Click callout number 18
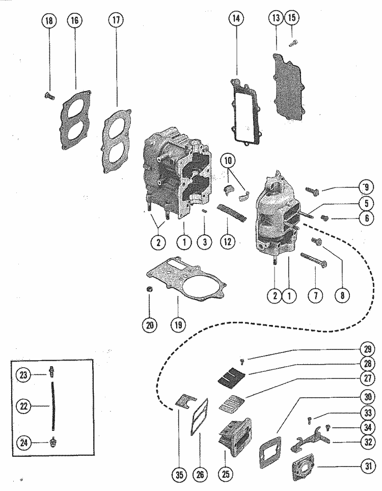[x=49, y=21]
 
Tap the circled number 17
[x=116, y=20]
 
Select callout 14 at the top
[x=236, y=18]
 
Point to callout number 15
[x=291, y=17]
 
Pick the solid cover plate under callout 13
[x=288, y=88]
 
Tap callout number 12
[x=228, y=241]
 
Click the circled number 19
[x=178, y=325]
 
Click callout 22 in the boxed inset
[x=23, y=406]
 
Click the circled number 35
[x=179, y=475]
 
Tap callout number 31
[x=369, y=466]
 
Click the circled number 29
[x=368, y=348]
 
